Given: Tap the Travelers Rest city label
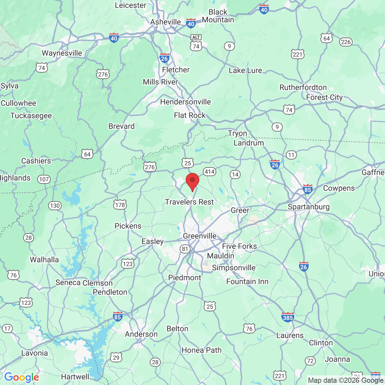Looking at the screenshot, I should tap(189, 202).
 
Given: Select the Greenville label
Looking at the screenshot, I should tap(200, 236).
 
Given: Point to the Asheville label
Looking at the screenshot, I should tap(166, 22).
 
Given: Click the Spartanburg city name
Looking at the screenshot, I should tap(308, 207).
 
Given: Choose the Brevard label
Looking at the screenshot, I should tap(121, 126).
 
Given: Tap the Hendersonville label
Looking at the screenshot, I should tap(185, 102).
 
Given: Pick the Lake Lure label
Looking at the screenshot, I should tap(245, 71).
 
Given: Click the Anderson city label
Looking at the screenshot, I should tap(141, 334).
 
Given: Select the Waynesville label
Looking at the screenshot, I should tap(62, 53).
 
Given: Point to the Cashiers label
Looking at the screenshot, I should tap(36, 161).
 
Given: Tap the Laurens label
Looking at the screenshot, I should tap(290, 335).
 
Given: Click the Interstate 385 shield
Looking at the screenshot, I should tap(287, 317).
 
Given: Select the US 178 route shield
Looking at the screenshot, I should tap(120, 205).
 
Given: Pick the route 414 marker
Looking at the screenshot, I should tap(210, 172).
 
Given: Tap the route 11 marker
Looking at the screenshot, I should tap(291, 155).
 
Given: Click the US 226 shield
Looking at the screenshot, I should tap(346, 42).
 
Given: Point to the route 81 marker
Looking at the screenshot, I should tap(185, 249).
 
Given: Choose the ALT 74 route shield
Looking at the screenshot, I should tap(196, 43).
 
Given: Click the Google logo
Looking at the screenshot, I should tap(21, 378).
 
